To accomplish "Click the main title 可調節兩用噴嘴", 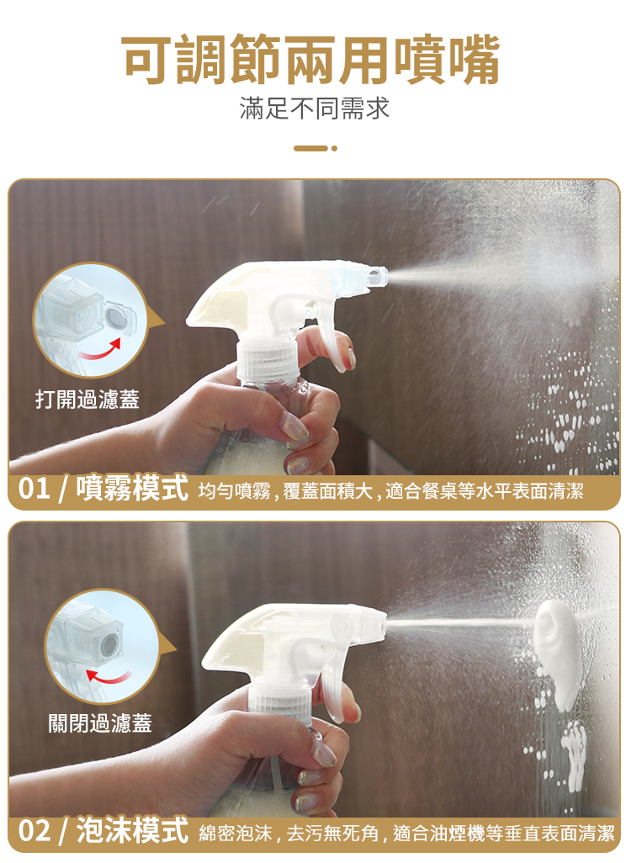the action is pyautogui.click(x=310, y=60).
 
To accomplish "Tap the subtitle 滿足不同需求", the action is pyautogui.click(x=315, y=109).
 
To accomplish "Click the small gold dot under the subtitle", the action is pyautogui.click(x=334, y=149).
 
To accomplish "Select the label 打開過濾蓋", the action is pyautogui.click(x=87, y=399).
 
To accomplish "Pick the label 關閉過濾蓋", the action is pyautogui.click(x=99, y=723).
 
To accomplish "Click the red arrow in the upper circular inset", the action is pyautogui.click(x=100, y=351).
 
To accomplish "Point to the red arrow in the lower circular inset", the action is pyautogui.click(x=109, y=677).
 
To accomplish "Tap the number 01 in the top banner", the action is pyautogui.click(x=34, y=489).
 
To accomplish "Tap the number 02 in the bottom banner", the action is pyautogui.click(x=34, y=831).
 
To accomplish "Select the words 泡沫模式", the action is pyautogui.click(x=133, y=830).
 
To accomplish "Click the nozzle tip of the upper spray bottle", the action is pyautogui.click(x=378, y=276).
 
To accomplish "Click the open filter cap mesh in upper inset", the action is pyautogui.click(x=117, y=317).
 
